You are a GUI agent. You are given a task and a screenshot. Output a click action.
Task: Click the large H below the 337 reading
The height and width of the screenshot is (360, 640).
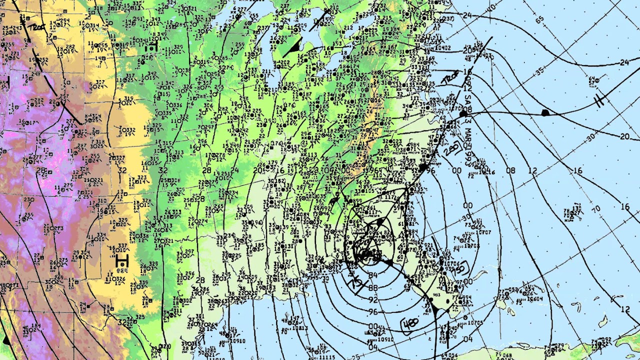coord(121,260)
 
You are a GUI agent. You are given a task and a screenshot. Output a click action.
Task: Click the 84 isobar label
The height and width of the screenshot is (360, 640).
coord(372,275)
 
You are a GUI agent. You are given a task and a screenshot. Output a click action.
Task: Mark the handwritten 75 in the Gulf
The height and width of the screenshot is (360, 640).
coord(357,283)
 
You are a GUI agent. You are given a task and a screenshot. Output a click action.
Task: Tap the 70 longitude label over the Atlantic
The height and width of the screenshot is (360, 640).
coord(595,208)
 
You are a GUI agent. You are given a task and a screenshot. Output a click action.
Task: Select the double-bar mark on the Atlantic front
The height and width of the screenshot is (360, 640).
coord(599,101)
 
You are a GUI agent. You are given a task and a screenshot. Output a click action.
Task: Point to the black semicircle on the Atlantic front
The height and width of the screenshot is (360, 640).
coord(545,112)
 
